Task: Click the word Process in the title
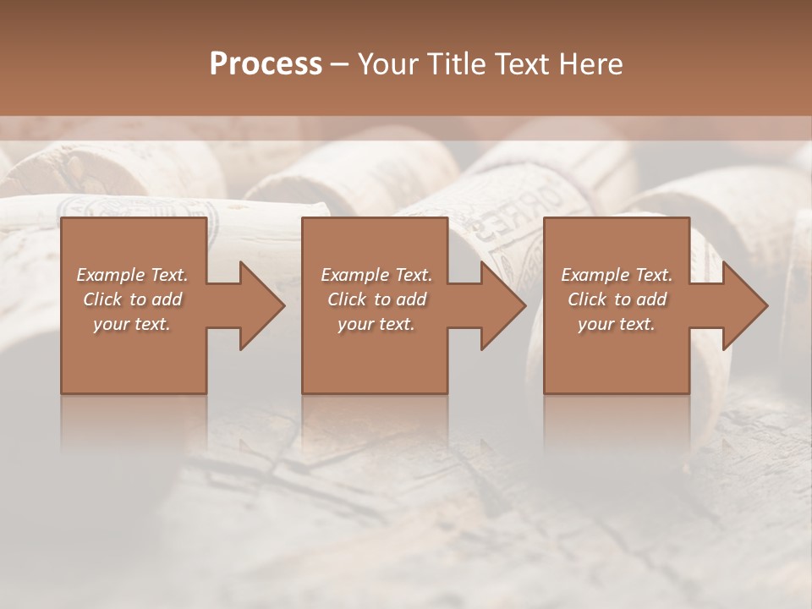[x=266, y=64]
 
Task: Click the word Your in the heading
[x=387, y=64]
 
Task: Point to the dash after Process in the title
[x=340, y=64]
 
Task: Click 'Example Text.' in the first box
[x=133, y=275]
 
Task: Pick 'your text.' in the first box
[x=133, y=324]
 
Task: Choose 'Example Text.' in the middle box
[x=376, y=275]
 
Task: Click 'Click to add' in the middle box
[x=376, y=299]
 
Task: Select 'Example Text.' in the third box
[x=617, y=275]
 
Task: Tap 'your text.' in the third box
[x=617, y=324]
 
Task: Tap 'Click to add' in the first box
[x=133, y=299]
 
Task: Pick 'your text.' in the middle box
[x=376, y=324]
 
